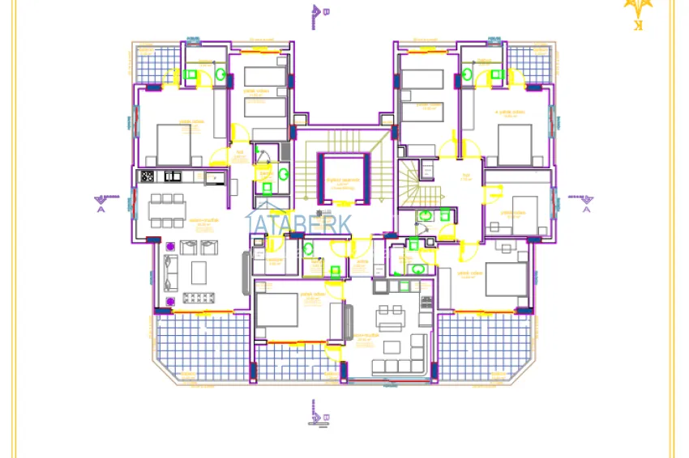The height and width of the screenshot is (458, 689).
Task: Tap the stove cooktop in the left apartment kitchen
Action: (x=148, y=176)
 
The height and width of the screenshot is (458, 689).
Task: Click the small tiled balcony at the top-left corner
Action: (x=157, y=61)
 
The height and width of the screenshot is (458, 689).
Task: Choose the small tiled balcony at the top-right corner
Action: (x=529, y=61)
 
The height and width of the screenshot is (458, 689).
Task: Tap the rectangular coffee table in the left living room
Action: (x=198, y=271)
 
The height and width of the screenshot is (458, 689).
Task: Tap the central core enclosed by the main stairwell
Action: (x=340, y=179)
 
